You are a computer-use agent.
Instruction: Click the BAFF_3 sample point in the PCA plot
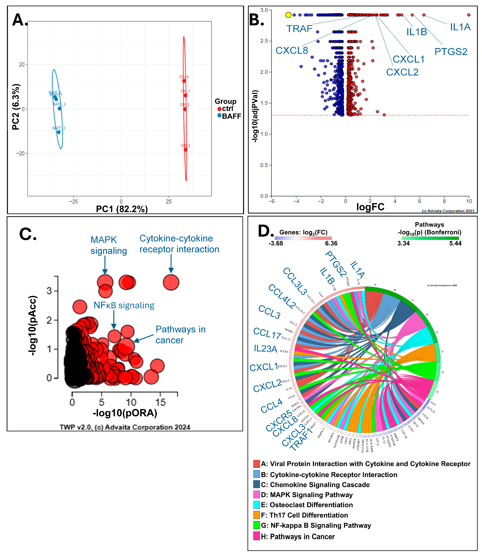pos(58,132)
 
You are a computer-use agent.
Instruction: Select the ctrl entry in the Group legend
pos(227,109)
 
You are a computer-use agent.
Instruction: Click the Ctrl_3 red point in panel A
pos(185,149)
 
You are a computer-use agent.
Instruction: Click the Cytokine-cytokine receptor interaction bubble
pos(171,282)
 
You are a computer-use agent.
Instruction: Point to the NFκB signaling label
pos(124,305)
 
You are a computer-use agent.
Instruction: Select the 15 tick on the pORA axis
pos(160,402)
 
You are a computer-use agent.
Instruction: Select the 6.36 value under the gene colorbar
pos(331,243)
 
